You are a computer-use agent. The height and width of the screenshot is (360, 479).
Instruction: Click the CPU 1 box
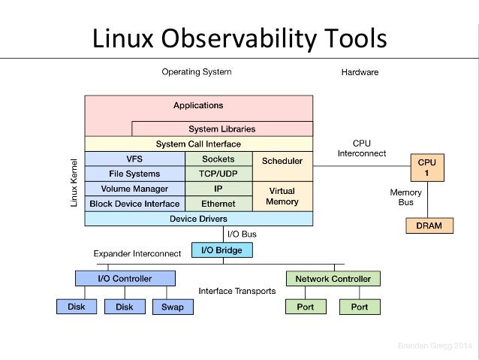click(426, 166)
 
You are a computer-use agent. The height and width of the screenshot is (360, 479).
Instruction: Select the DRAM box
click(429, 225)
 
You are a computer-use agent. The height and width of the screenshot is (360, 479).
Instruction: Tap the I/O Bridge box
click(222, 250)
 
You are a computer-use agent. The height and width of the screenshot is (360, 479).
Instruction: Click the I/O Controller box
click(125, 278)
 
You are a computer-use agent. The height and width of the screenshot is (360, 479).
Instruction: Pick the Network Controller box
click(333, 278)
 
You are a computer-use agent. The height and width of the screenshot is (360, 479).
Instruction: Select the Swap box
click(173, 307)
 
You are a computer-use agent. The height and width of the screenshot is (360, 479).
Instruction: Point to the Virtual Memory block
click(282, 196)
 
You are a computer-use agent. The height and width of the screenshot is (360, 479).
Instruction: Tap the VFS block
click(134, 159)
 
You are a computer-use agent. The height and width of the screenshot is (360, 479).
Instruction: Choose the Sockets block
click(218, 159)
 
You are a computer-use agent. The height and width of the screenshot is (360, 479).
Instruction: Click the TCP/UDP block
click(218, 174)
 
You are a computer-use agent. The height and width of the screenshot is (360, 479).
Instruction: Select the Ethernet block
click(218, 204)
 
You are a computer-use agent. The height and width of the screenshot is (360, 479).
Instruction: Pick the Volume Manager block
click(134, 189)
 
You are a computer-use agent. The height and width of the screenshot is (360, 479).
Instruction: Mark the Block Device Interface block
click(134, 204)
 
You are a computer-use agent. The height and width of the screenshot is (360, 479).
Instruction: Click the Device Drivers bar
click(198, 219)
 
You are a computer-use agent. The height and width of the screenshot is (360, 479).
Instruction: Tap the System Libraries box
click(221, 129)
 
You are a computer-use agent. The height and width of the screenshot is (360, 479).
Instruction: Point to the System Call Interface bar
click(198, 144)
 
